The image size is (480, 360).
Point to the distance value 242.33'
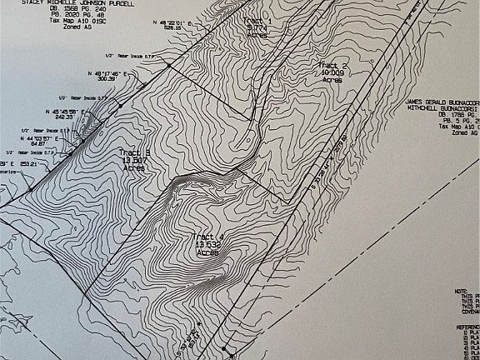(x=65, y=117)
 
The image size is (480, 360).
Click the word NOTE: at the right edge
(x=461, y=290)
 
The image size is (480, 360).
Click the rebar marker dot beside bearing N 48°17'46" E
(x=168, y=64)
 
